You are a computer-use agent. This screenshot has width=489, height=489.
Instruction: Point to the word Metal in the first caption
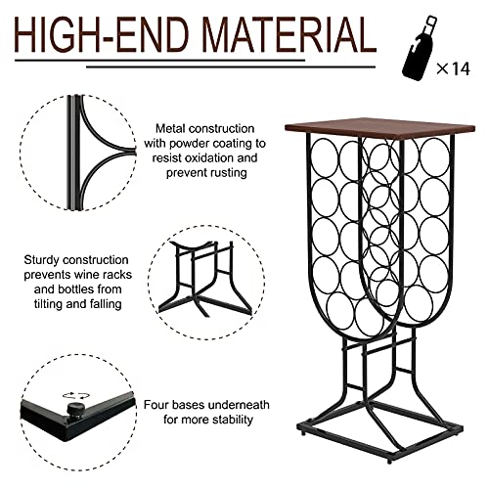tap(173, 128)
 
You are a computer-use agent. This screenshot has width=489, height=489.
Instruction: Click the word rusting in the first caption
tap(221, 172)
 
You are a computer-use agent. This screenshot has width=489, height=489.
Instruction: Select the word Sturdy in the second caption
tap(46, 260)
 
